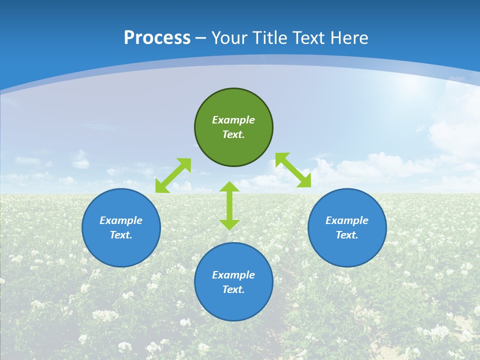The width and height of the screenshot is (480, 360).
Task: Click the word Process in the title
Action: coord(157,38)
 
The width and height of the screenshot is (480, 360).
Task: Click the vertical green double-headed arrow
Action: coord(229,205)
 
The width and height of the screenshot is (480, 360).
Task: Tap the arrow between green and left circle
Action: coord(173,175)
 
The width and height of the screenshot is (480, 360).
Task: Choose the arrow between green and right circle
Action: coord(293,170)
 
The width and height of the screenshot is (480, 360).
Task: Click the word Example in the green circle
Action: coord(233,120)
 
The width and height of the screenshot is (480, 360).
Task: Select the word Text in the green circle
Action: coord(233,134)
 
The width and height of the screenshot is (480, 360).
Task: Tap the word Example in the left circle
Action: coord(121,220)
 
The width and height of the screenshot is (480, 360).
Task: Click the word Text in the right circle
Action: coord(347,235)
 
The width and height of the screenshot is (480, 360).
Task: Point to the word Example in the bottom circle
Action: coord(233,275)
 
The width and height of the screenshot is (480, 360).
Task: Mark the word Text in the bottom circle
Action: coord(233,289)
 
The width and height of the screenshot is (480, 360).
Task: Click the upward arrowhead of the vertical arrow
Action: coord(229,186)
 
